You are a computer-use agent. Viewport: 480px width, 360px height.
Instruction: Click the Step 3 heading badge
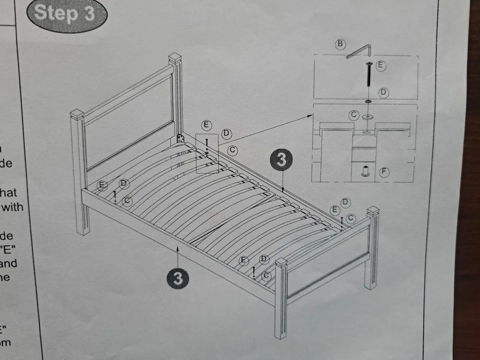pyautogui.click(x=66, y=14)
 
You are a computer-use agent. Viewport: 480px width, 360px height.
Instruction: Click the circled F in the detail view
pyautogui.click(x=384, y=172)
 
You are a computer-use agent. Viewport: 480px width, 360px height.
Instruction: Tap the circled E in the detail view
pyautogui.click(x=381, y=66)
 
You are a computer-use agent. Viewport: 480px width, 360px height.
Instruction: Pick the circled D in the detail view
pyautogui.click(x=383, y=93)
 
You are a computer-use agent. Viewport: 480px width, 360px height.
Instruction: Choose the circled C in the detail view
pyautogui.click(x=354, y=115)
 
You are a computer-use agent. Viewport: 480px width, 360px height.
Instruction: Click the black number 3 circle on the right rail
pyautogui.click(x=282, y=160)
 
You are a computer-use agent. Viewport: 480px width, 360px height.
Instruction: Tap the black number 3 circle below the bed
pyautogui.click(x=178, y=278)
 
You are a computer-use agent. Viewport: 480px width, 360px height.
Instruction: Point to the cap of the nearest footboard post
pyautogui.click(x=281, y=263)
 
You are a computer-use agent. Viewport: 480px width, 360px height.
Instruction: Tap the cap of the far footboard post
pyautogui.click(x=373, y=211)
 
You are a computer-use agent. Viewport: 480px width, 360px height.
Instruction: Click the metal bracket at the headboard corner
pyautogui.click(x=180, y=139)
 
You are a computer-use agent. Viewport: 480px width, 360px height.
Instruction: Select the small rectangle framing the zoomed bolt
pyautogui.click(x=207, y=153)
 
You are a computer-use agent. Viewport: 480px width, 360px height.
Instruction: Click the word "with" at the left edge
pyautogui.click(x=13, y=207)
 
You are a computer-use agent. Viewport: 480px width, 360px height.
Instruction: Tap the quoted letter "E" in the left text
pyautogui.click(x=7, y=249)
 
